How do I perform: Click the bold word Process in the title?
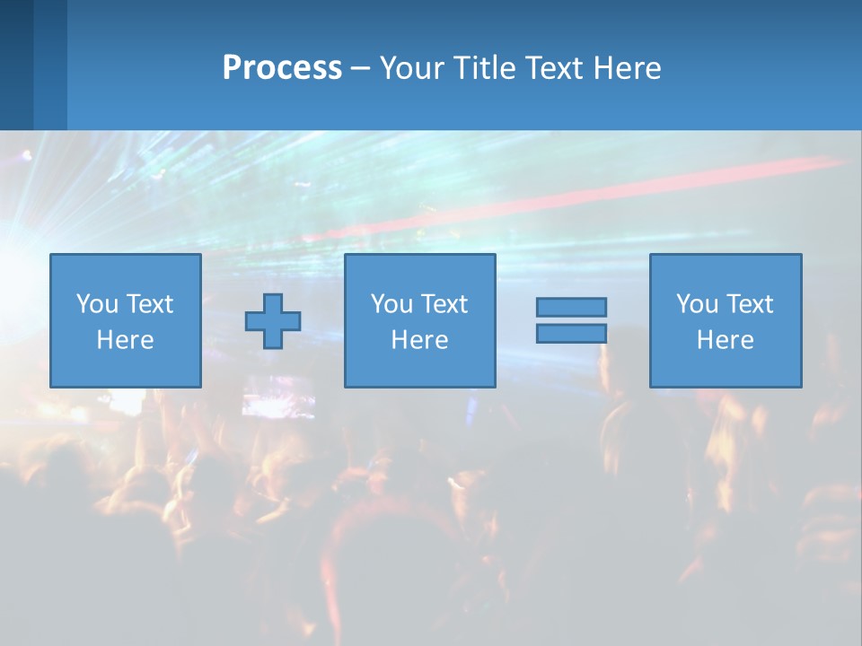(282, 68)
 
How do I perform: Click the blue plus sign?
(273, 321)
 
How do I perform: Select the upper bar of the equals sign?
(571, 308)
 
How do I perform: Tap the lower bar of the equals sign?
(571, 334)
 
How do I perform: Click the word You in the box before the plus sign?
(96, 304)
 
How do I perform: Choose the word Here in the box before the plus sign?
(125, 340)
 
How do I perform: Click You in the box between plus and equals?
(391, 304)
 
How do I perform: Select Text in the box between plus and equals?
(443, 304)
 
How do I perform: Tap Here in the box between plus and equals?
(419, 340)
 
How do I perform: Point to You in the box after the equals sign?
(696, 304)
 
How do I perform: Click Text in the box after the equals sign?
(748, 304)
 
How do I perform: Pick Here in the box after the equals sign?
(725, 340)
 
